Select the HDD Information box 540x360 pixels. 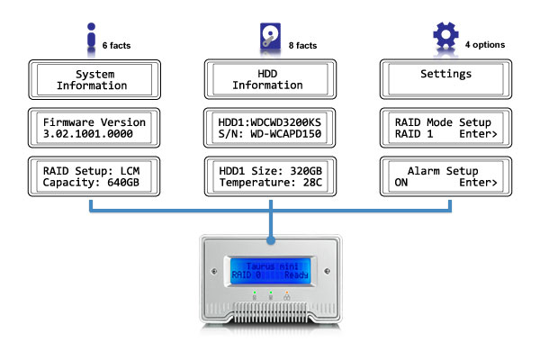pyautogui.click(x=268, y=79)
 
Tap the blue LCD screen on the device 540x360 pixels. pyautogui.click(x=270, y=271)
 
